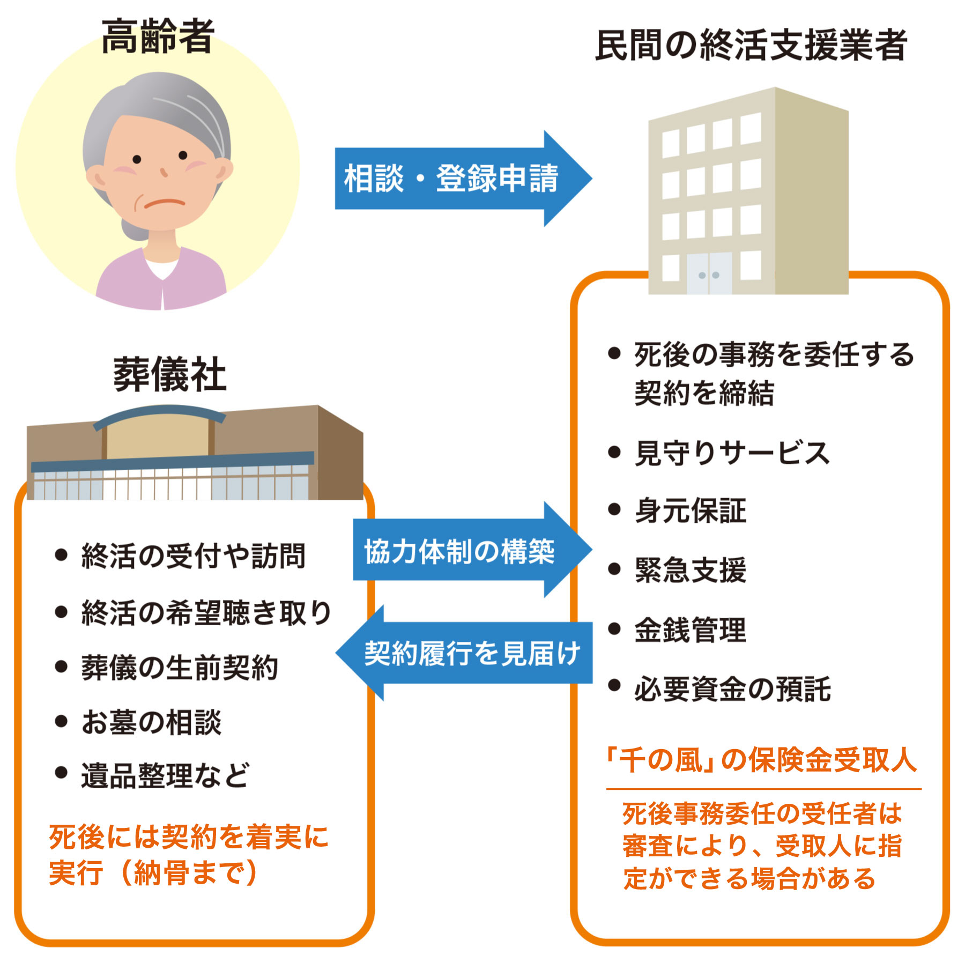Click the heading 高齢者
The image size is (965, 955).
coord(158,36)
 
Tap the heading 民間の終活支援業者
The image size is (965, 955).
coord(751,45)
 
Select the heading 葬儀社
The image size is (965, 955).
coord(169,374)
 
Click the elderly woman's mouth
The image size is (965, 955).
coord(164,204)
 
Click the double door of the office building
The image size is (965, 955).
coord(709,273)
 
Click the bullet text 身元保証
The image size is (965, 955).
coord(691,510)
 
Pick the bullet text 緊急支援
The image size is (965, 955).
coord(691,569)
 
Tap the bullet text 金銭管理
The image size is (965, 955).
coord(691,630)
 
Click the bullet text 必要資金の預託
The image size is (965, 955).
coord(732,689)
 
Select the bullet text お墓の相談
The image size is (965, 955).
coord(151,722)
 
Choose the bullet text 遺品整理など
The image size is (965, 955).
coord(165,775)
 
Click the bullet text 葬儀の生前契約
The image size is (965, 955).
coord(180,668)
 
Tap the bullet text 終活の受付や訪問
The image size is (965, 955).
coord(193,556)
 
